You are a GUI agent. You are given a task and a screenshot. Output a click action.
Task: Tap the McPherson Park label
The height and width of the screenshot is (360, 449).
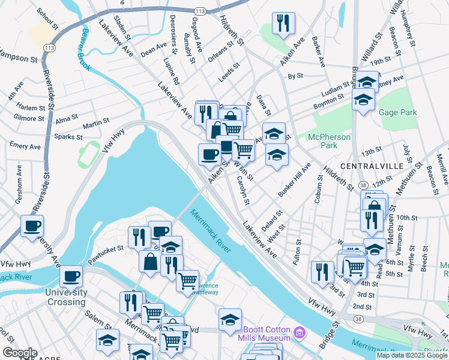point(329,141)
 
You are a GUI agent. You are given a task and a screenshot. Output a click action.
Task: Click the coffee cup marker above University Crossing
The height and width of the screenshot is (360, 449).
point(71,276)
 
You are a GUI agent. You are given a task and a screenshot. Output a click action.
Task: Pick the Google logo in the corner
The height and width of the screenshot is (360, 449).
point(20,353)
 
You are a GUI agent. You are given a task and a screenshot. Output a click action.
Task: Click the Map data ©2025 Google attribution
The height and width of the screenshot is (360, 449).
point(412,355)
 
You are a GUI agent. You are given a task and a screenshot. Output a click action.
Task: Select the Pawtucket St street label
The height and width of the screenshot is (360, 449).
point(106,248)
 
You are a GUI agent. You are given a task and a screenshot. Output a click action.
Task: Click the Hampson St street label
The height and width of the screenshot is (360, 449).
point(17,58)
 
